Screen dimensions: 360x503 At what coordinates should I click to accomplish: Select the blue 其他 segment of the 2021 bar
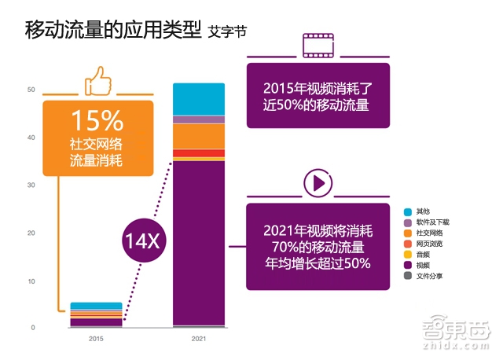(198, 99)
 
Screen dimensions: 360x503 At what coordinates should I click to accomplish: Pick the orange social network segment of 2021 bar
(198, 136)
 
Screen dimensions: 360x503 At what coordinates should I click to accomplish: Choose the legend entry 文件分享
(428, 277)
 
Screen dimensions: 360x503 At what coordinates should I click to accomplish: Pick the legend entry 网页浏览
(428, 244)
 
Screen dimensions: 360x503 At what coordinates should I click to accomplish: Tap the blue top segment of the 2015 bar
(96, 306)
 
